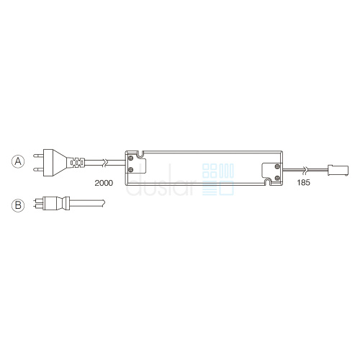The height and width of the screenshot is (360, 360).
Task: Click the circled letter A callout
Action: pos(18,161)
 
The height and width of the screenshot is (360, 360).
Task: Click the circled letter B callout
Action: pos(18,205)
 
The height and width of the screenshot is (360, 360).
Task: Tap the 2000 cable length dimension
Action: pos(104,183)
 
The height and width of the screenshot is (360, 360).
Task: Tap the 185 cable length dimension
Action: pos(303,183)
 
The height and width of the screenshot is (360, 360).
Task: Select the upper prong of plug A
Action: pos(38,156)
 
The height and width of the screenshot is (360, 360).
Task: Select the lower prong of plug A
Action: pos(38,170)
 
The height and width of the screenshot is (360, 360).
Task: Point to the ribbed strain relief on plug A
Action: pos(76,163)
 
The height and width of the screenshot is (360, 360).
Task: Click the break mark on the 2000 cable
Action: pos(104,163)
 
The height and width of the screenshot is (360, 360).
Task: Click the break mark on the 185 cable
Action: pos(305,170)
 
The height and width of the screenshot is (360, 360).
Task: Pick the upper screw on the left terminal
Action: pos(130,158)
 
